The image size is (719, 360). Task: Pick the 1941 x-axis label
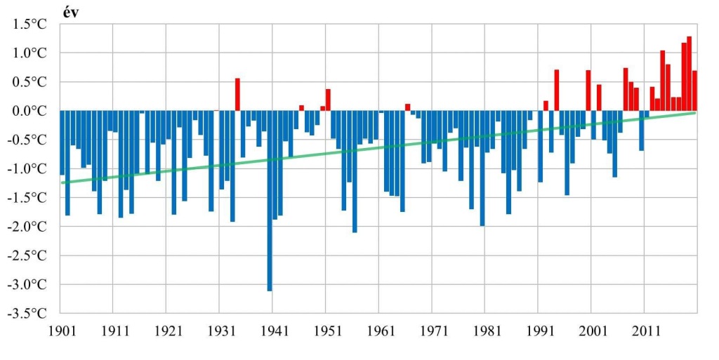coord(272,330)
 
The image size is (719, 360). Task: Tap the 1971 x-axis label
coord(432,330)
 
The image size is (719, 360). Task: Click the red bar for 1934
coord(237,95)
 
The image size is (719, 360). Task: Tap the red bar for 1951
coord(328,100)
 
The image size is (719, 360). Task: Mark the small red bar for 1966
coord(407,107)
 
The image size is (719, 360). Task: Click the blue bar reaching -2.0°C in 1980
coord(482,168)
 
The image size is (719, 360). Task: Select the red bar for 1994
coord(556,91)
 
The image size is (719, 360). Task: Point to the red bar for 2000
coord(588,91)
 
